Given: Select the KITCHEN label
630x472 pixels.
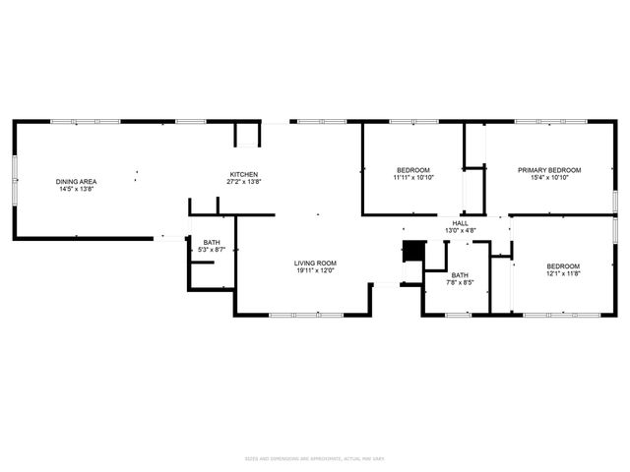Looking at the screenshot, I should pos(244,175).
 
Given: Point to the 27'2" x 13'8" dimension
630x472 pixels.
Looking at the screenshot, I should pos(244,182).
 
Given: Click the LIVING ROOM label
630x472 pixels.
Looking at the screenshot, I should pos(315,263).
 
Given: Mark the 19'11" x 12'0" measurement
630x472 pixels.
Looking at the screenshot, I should pos(315,270).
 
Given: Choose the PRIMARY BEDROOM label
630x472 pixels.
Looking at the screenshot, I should pos(549,170).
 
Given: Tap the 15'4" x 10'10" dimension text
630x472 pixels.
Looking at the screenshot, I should pos(549,178).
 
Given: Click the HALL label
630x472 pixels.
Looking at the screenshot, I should pos(460,223).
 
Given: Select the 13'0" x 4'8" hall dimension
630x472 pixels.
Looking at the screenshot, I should pos(460,230).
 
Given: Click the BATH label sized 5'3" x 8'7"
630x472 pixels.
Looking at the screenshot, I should pos(212,242).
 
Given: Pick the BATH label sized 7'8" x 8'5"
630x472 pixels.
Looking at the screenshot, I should pos(459,274).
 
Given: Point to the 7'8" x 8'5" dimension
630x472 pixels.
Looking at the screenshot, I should pos(459,282).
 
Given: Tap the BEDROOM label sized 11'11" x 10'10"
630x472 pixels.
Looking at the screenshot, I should pos(412,170).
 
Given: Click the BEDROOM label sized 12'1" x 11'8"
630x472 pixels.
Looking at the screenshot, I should pos(563,266).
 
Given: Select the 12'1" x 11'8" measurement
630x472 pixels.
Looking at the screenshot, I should pos(563,274).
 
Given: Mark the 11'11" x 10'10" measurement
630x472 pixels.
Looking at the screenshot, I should pos(412,178).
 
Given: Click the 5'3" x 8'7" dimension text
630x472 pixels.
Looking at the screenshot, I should pos(212,250).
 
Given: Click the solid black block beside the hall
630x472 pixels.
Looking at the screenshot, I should pos(412,252).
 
